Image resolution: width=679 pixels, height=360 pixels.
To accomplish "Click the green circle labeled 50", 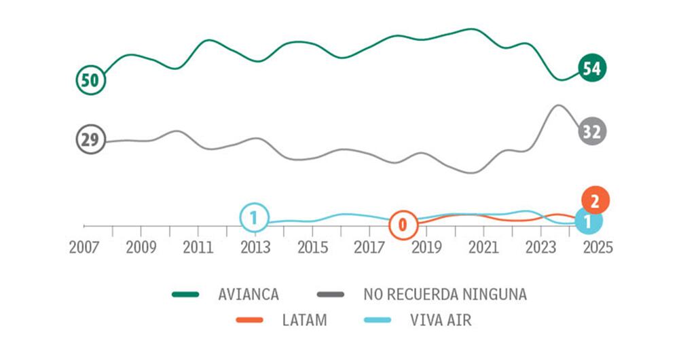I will pos(90,80).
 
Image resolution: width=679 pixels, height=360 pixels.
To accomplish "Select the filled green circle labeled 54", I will pos(592,68).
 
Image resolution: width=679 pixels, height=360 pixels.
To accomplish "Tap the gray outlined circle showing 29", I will pos(90,140).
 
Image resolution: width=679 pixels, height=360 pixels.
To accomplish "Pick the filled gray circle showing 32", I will pos(592,132).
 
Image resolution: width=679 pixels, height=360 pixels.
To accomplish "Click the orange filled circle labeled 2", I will pos(595,200).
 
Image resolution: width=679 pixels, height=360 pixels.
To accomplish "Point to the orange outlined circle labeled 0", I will pos(403,225).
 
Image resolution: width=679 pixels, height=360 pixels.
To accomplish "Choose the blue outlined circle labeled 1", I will pos(253,218).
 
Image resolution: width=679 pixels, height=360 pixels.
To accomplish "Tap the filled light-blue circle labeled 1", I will pos(588,221).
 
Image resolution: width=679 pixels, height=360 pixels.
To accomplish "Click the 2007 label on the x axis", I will pos(84,247).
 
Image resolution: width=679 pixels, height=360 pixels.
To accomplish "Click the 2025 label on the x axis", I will pos(598,247).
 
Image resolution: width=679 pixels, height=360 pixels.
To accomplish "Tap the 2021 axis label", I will pos(483,247).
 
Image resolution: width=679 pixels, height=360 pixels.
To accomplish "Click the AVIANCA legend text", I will pos(249,295).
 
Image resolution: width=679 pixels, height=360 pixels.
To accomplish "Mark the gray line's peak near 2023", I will pos(558,105).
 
